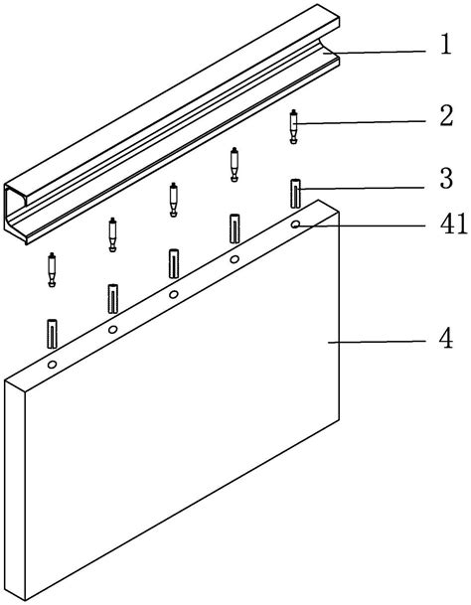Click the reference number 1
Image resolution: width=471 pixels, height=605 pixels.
(446, 45)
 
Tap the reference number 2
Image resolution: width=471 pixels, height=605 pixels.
(446, 116)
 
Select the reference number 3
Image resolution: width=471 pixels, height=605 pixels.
(446, 179)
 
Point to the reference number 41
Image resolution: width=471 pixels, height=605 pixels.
(454, 224)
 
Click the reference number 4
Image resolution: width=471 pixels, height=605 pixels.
(446, 339)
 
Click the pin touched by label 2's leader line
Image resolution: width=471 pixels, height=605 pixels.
(294, 127)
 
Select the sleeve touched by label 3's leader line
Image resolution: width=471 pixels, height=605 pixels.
(296, 194)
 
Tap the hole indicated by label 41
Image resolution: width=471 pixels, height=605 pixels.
(296, 225)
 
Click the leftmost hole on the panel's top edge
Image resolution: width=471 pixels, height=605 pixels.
(52, 365)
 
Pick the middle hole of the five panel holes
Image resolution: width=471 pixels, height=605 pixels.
(174, 294)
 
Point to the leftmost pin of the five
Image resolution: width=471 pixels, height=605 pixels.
(52, 269)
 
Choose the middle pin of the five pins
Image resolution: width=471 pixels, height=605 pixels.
(174, 200)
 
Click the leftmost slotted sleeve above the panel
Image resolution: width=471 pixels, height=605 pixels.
(52, 334)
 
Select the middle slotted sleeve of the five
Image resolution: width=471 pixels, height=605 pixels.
(174, 263)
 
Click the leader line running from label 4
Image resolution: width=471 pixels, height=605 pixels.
(377, 342)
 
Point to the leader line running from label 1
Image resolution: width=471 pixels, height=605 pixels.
(374, 52)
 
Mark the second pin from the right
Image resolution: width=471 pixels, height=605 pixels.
(234, 164)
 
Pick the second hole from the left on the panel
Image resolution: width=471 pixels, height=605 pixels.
(112, 330)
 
